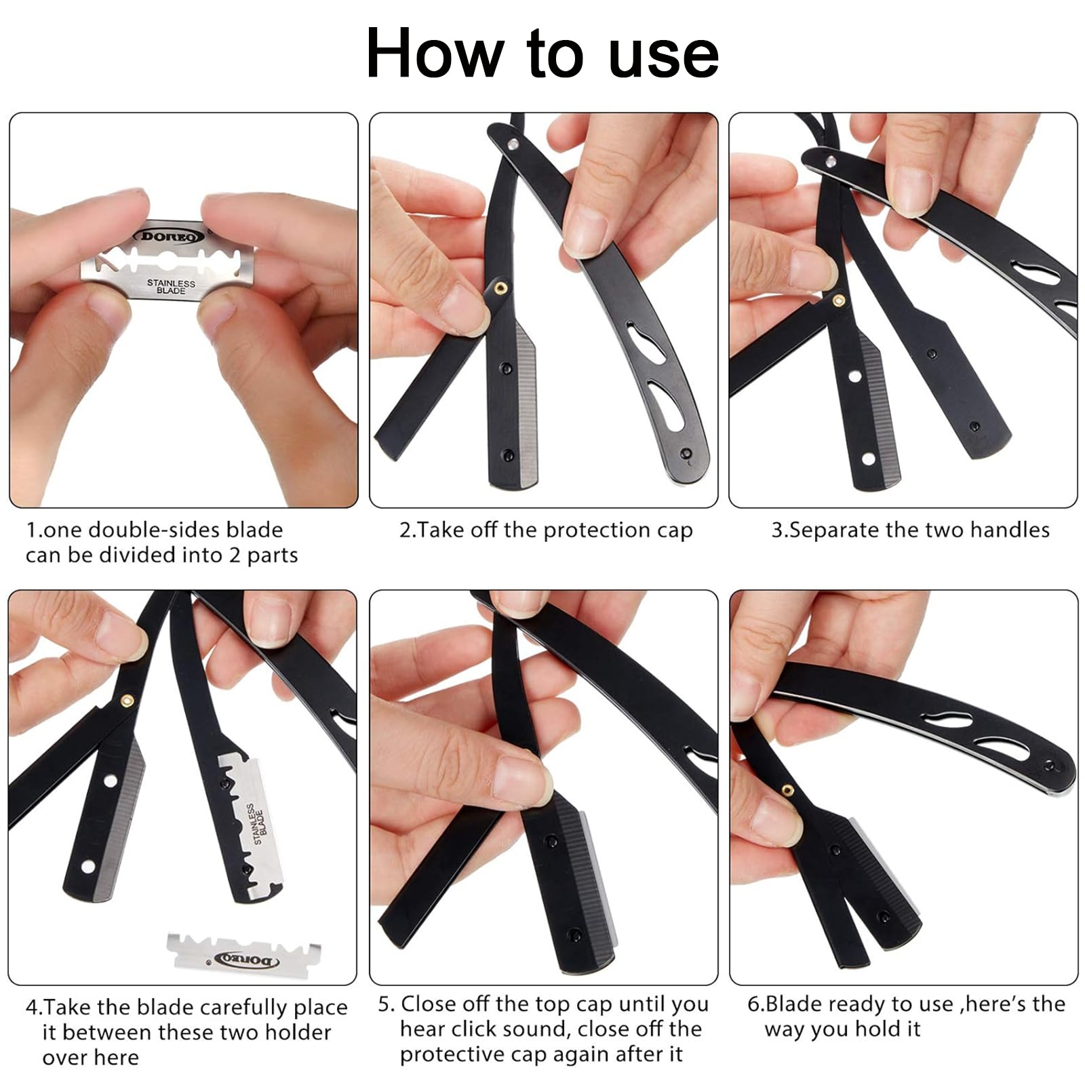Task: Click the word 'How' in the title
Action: (435, 54)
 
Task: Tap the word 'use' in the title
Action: (664, 58)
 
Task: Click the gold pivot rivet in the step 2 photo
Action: (500, 288)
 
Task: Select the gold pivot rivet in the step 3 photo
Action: (839, 300)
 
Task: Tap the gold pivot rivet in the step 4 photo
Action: (127, 701)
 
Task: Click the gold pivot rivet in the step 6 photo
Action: (788, 789)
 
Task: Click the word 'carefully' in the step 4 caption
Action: (245, 1008)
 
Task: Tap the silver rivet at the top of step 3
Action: (829, 161)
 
